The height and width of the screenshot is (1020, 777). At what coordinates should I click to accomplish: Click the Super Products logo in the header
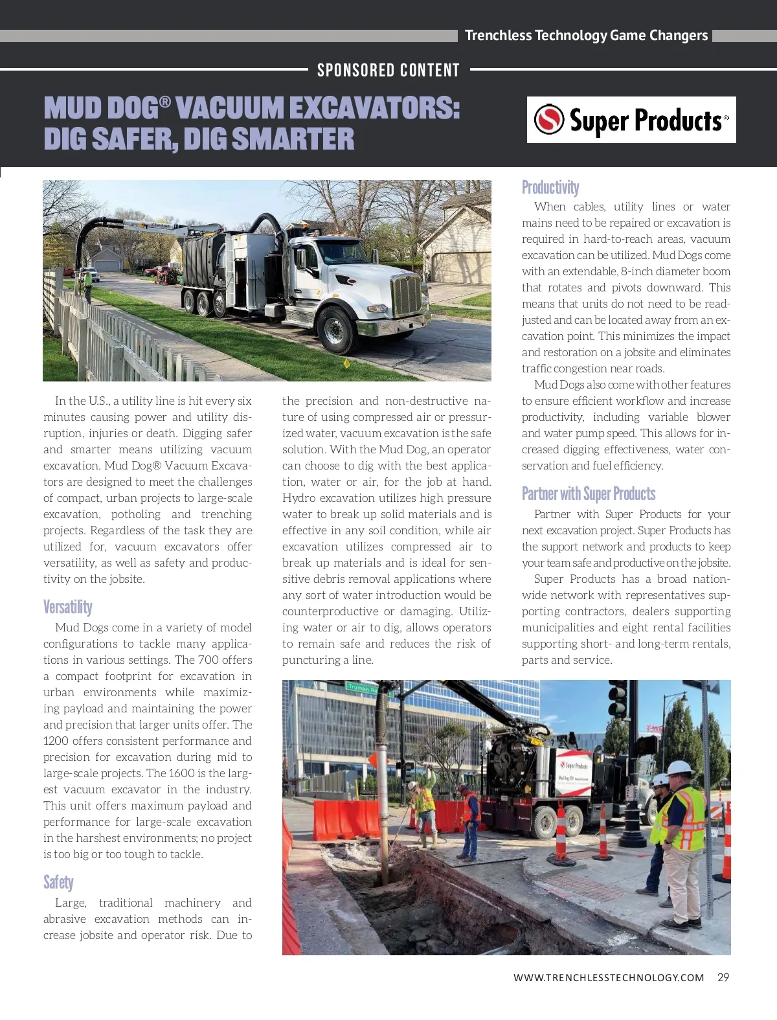coord(631,120)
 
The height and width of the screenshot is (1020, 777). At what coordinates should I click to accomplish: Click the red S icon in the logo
coord(549,119)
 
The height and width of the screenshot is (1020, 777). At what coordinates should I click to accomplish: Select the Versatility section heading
coord(68,607)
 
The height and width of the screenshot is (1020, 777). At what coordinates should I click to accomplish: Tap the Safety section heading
coord(58,882)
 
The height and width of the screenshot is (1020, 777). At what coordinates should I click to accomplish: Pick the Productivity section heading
coord(550,187)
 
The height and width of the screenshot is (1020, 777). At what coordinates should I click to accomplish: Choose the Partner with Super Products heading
coord(589,493)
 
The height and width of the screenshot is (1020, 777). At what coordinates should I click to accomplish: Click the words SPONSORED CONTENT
coord(388,70)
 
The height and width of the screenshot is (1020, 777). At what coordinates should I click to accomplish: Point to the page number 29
coord(723,977)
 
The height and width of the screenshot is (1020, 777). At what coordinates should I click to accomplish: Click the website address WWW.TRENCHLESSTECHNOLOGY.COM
coord(609,978)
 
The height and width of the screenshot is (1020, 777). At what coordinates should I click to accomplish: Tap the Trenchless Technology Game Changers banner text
coord(586,36)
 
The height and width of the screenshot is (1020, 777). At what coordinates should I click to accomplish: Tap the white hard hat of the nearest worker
coord(680,767)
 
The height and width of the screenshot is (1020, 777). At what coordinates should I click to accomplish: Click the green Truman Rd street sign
coord(363,688)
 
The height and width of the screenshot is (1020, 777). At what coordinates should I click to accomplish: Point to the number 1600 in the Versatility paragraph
coord(182,773)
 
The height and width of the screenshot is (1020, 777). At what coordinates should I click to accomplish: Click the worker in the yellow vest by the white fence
coord(87,285)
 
